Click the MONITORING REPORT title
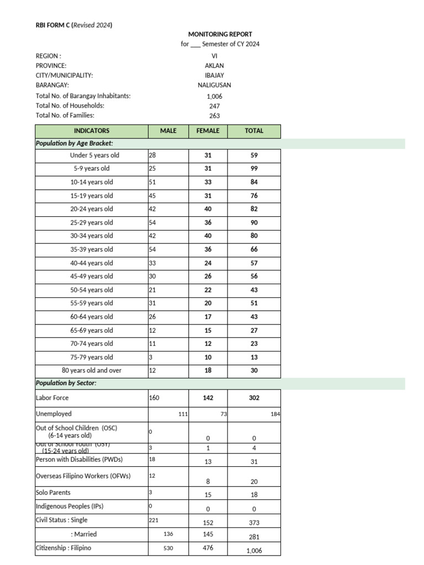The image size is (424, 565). tap(220, 34)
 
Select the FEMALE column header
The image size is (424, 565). tap(208, 131)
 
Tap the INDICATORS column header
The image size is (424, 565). tap(92, 131)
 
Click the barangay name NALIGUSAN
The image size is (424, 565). tap(214, 85)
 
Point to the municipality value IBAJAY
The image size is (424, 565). tap(214, 75)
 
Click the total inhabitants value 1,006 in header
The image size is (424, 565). tap(214, 96)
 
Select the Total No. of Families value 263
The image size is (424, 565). tap(214, 115)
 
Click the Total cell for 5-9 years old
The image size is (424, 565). tap(254, 169)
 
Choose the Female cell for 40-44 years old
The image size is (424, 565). tap(208, 263)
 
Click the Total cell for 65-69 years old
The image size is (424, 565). tap(254, 331)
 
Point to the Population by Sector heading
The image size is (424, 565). tap(66, 383)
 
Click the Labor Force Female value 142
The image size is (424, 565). tap(208, 397)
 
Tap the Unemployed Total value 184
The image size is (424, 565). tap(275, 413)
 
